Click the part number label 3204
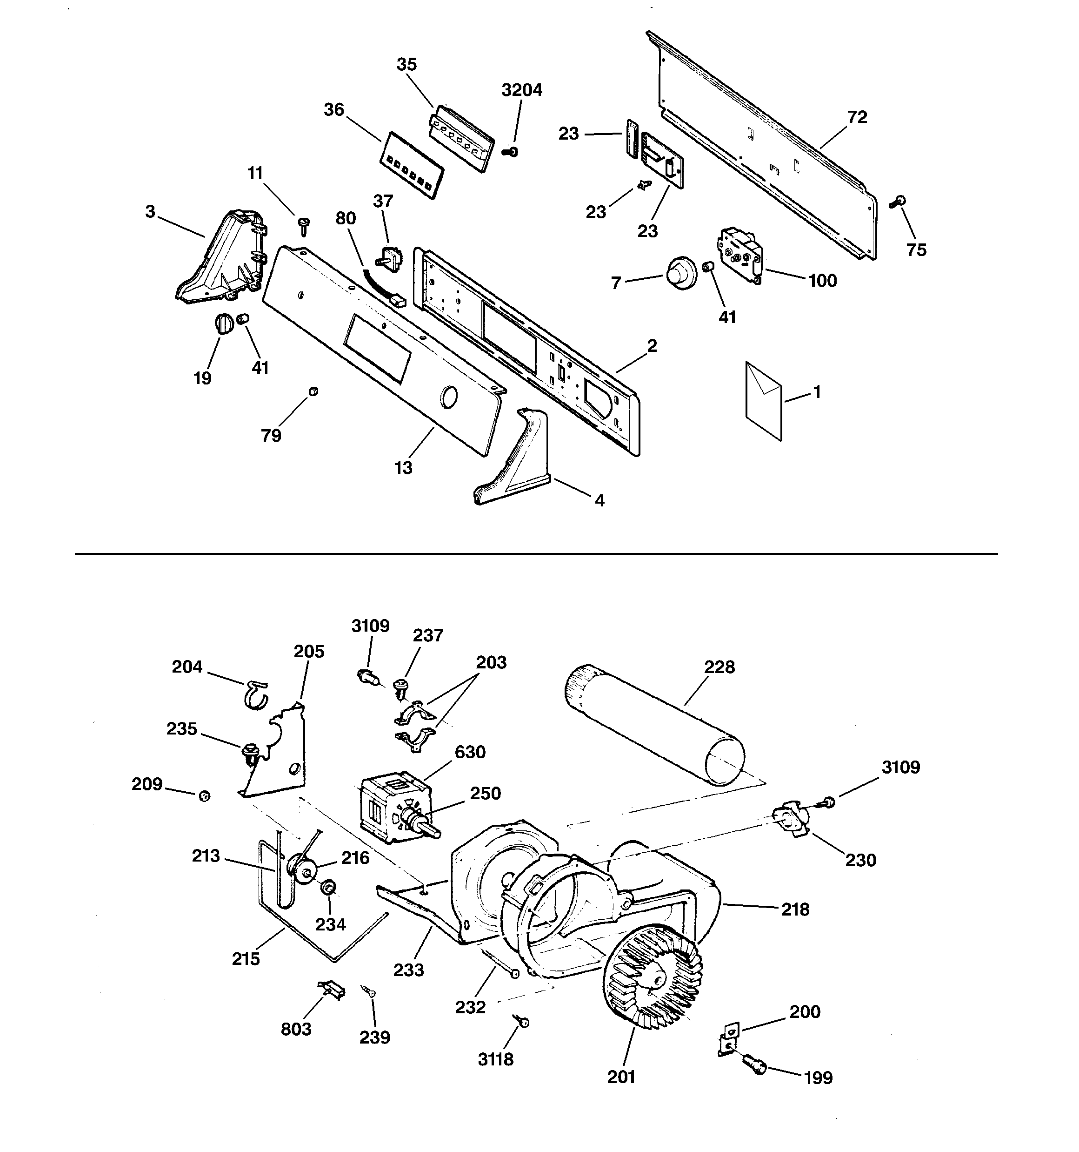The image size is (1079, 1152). (x=522, y=90)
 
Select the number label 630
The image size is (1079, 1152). (x=470, y=752)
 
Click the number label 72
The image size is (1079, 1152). (x=857, y=117)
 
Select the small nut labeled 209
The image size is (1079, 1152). (x=204, y=796)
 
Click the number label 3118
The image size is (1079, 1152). (x=496, y=1059)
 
